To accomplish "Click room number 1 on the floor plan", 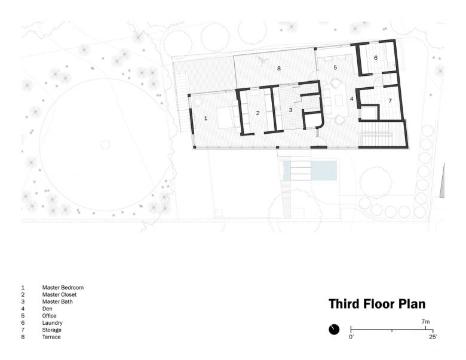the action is pyautogui.click(x=206, y=118).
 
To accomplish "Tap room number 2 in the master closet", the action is pyautogui.click(x=257, y=113).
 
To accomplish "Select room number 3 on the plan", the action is pyautogui.click(x=291, y=110).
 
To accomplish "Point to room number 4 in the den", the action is pyautogui.click(x=352, y=99).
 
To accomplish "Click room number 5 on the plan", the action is pyautogui.click(x=335, y=67).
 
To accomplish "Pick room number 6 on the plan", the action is pyautogui.click(x=376, y=58).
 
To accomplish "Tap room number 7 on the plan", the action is pyautogui.click(x=390, y=101).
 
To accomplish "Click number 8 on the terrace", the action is pyautogui.click(x=279, y=68).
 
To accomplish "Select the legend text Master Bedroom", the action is pyautogui.click(x=63, y=288).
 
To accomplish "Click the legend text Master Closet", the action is pyautogui.click(x=59, y=295).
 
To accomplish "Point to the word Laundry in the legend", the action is pyautogui.click(x=53, y=323).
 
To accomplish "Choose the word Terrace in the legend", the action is pyautogui.click(x=51, y=337).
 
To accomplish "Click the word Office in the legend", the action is pyautogui.click(x=49, y=316).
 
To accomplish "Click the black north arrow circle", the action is pyautogui.click(x=334, y=330).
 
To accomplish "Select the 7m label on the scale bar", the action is pyautogui.click(x=425, y=322).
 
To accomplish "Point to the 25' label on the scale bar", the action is pyautogui.click(x=433, y=337).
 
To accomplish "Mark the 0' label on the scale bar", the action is pyautogui.click(x=351, y=337).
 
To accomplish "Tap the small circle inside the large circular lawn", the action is pyautogui.click(x=105, y=145).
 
